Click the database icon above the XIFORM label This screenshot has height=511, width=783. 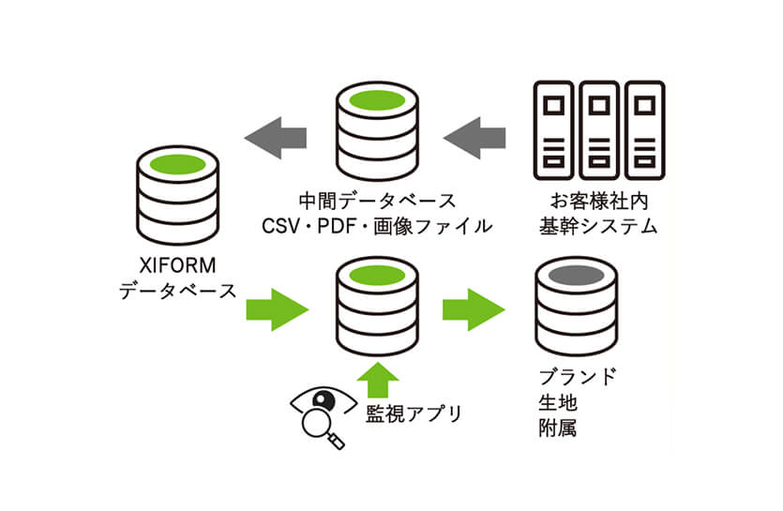point(177,195)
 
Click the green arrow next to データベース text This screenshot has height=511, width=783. point(277,308)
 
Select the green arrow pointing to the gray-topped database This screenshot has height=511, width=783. point(474,308)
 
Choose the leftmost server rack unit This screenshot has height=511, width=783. point(554,128)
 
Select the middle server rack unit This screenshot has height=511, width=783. point(599,128)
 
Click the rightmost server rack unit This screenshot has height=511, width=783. point(644,128)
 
